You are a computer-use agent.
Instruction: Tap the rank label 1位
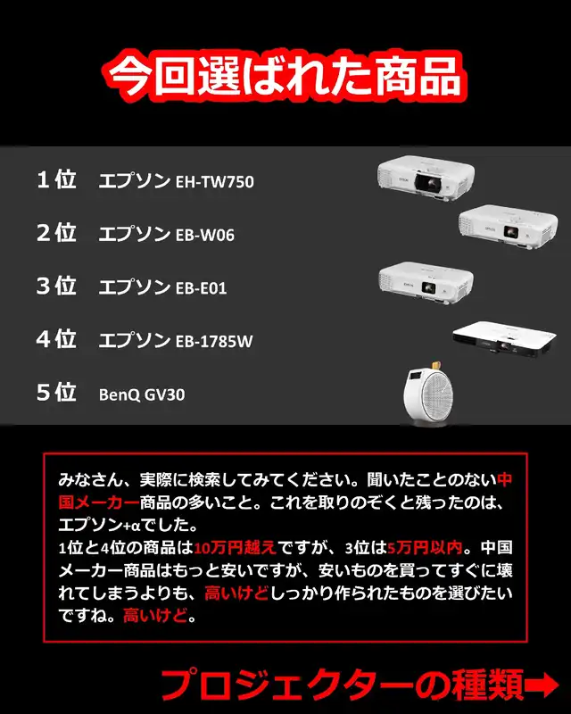pos(56,179)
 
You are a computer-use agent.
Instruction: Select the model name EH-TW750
pos(215,182)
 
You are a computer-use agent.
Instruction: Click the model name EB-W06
pos(205,235)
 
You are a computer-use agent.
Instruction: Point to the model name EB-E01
pos(202,287)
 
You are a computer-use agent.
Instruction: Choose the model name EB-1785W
pos(214,341)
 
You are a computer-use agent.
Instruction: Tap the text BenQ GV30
pos(142,394)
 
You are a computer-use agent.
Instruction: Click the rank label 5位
pos(56,392)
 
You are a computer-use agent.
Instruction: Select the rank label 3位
pos(56,286)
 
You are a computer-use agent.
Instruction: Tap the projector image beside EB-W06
pos(508,227)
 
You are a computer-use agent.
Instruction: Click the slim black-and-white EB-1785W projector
pos(504,340)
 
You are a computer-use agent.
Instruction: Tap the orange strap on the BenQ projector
pos(435,365)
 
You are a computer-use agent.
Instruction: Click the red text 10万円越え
pos(235,547)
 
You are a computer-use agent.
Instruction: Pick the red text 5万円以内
pos(425,547)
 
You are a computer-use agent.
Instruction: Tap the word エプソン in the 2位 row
pos(135,233)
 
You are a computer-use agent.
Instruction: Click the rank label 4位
pos(56,338)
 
